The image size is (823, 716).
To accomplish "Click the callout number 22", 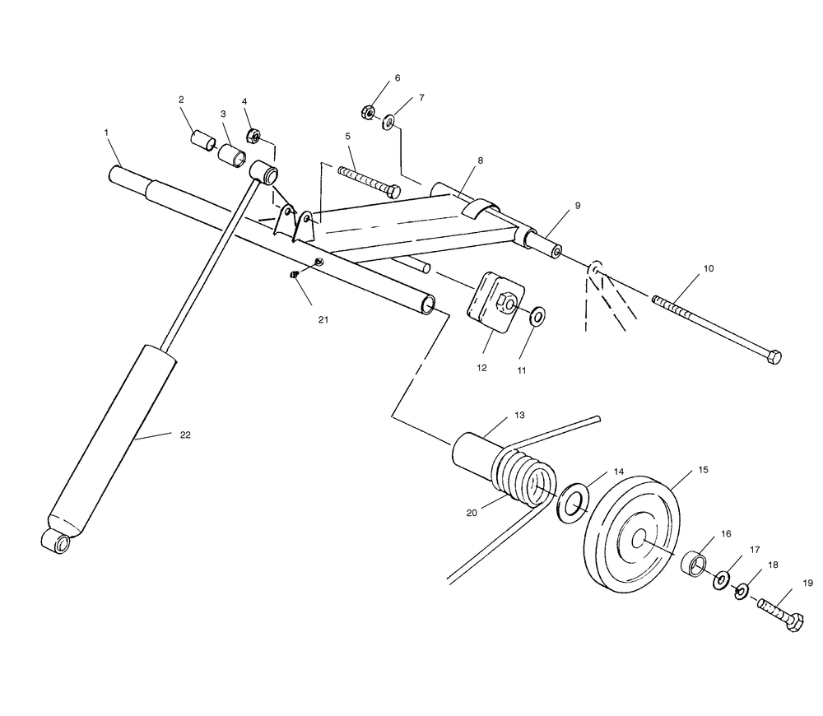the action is (x=184, y=435).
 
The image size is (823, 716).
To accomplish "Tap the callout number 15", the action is (x=704, y=470).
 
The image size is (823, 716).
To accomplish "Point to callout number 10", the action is (x=709, y=269).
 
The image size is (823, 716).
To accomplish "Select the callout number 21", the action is (x=323, y=319).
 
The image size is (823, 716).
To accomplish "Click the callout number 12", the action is (x=481, y=368).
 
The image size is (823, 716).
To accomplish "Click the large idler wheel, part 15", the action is (x=632, y=534).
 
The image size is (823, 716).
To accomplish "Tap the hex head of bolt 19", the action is (x=795, y=622).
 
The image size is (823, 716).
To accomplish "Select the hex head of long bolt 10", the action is (x=774, y=357).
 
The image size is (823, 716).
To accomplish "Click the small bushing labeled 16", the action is (x=694, y=564).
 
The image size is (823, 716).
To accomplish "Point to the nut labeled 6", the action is (x=367, y=112).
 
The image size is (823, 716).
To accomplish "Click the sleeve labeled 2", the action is (x=203, y=142).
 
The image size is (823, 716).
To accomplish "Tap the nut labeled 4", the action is (x=253, y=137).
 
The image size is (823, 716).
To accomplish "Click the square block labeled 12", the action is (x=495, y=302).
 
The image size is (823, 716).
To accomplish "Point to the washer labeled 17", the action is (x=721, y=580).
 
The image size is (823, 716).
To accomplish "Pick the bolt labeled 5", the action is (x=370, y=180).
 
